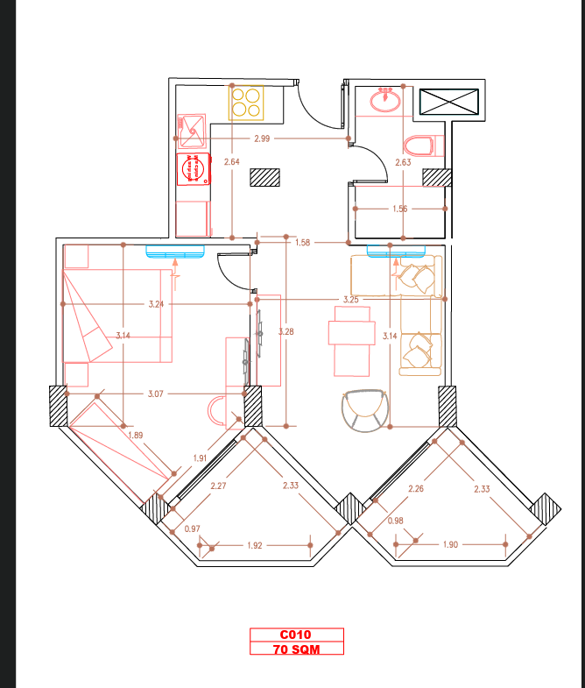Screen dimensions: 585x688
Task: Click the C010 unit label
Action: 295,635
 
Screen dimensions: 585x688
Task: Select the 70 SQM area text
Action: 297,649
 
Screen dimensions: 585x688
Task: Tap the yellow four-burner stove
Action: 246,103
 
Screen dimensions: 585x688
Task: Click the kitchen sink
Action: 192,131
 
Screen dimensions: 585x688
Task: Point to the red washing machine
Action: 194,169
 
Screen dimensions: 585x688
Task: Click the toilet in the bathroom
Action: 423,145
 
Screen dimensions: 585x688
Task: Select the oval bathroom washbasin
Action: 385,101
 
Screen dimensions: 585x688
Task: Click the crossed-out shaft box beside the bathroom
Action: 448,102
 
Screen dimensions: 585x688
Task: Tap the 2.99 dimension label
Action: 262,138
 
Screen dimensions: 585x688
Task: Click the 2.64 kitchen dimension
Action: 231,162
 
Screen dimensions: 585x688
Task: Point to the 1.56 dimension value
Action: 400,209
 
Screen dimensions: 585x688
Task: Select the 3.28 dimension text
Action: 285,331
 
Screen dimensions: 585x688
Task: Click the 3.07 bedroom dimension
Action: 156,394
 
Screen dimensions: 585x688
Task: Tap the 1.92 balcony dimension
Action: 254,545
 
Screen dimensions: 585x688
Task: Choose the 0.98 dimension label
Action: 395,521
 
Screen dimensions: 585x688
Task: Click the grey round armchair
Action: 365,410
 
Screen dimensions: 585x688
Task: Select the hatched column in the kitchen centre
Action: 264,177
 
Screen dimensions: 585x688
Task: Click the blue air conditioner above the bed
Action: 175,252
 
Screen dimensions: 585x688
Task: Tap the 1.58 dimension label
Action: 303,243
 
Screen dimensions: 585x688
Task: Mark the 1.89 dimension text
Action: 136,436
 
